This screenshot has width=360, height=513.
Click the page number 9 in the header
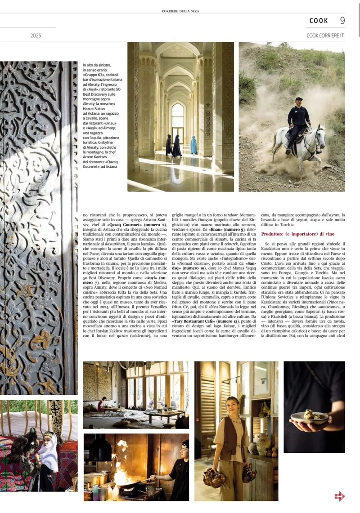coord(342,20)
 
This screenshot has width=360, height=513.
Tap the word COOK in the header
coord(319,21)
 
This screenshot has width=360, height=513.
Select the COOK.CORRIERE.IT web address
coord(325,35)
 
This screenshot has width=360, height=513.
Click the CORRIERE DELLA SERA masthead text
coord(180,10)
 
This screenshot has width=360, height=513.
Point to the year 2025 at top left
coord(36,35)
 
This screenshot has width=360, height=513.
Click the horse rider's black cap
coord(299,99)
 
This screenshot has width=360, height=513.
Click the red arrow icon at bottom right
coord(340,496)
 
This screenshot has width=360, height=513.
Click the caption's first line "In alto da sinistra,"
coord(97,65)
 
